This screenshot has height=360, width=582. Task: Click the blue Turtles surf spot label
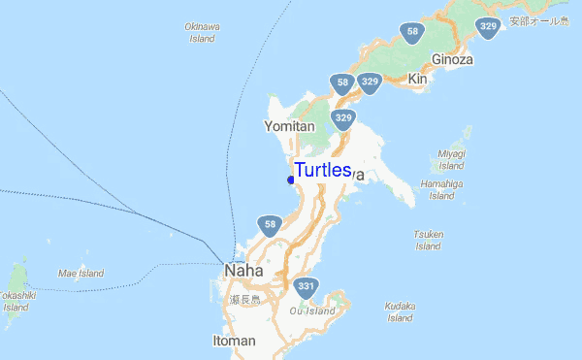tap(322, 171)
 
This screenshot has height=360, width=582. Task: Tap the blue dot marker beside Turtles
tap(291, 180)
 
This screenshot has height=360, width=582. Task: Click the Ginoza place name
tap(452, 58)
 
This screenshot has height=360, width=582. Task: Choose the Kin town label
tap(418, 78)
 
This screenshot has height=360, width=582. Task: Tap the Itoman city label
tap(234, 341)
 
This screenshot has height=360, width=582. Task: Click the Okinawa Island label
tap(201, 33)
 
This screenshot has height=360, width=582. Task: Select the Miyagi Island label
tap(452, 159)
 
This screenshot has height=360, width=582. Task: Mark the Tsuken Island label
tap(429, 240)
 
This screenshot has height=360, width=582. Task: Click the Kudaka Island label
tap(400, 311)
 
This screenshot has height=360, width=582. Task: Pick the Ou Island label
tap(312, 311)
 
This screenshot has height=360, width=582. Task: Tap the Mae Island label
tap(81, 274)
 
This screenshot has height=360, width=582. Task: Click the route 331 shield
tap(307, 286)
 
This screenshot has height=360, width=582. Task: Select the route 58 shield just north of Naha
tap(270, 226)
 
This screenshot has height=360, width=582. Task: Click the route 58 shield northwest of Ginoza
tap(413, 33)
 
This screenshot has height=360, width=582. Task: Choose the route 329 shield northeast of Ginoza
tap(489, 28)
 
